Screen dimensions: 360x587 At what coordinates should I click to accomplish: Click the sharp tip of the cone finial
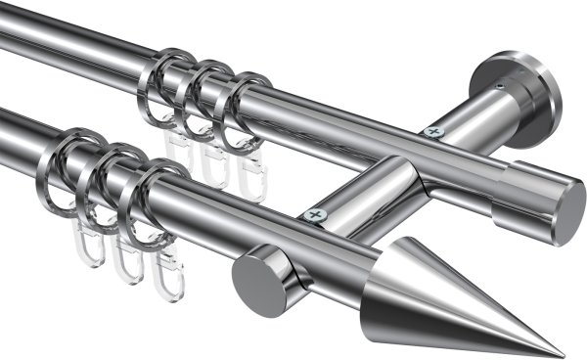[563, 355]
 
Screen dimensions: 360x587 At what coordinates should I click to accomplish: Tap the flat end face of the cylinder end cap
[565, 211]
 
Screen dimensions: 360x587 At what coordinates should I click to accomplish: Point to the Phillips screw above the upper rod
[431, 130]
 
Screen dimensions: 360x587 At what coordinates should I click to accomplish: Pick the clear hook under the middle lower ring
[127, 256]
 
